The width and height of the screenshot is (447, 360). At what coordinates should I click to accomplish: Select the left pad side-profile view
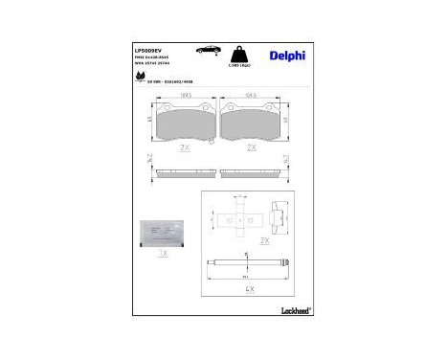pos(185,172)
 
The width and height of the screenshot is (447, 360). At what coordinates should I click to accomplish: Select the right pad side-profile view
pos(254,172)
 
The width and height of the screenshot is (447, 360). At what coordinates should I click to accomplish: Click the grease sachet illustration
pos(163,231)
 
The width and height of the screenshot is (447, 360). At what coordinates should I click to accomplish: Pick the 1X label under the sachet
pos(163,254)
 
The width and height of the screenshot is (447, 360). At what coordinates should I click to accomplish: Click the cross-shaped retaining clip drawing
pos(236,218)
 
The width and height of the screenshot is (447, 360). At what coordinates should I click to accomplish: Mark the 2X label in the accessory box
pos(264,240)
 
